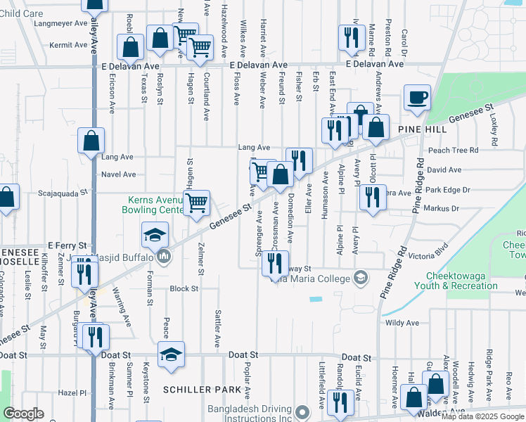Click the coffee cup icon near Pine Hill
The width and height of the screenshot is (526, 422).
417,97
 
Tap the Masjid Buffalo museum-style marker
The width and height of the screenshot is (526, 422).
164,257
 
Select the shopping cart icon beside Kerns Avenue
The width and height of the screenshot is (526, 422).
198,203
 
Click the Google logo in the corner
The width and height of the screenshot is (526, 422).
23,414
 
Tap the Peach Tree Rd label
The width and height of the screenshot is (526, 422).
453,150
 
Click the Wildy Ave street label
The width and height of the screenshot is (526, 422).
402,323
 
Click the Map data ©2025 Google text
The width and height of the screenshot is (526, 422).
482,416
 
